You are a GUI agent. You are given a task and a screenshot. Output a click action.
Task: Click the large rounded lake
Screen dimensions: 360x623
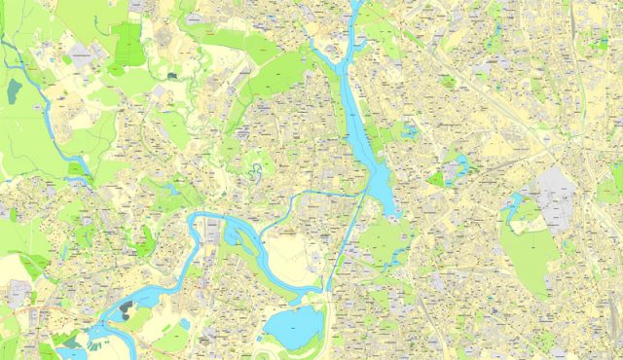coord(292,326)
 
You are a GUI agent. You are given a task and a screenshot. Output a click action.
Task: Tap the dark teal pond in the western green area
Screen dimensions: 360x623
coord(14,90)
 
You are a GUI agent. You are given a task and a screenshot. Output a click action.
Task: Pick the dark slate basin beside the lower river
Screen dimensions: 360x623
coord(127,310)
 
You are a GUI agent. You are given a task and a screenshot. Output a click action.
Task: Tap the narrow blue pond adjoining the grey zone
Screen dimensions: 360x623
coord(513,203)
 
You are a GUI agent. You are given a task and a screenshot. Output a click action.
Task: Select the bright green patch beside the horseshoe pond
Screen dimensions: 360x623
coord(437,179)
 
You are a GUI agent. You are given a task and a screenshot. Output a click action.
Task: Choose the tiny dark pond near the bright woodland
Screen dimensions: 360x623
coord(171,75)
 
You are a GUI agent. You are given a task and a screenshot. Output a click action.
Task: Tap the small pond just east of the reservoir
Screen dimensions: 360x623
coord(410,128)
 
